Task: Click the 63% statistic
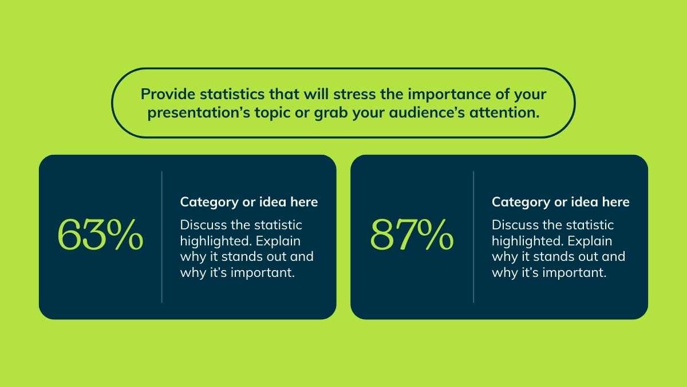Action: [100, 234]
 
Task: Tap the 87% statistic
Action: [412, 234]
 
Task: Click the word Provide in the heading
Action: [168, 94]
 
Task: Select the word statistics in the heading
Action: [232, 94]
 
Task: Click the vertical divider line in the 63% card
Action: [161, 237]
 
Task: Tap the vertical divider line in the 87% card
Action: [473, 237]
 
